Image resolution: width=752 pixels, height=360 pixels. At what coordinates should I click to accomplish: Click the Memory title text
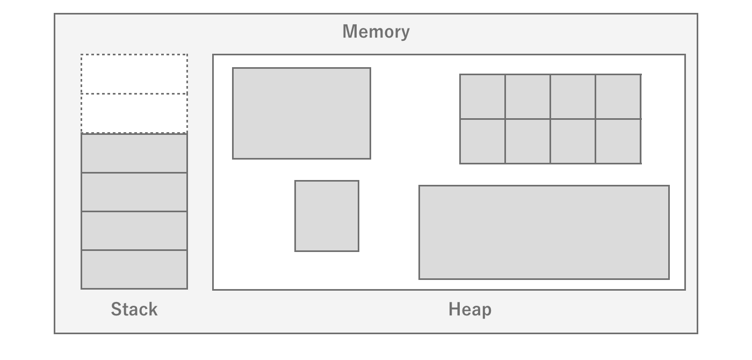(x=376, y=31)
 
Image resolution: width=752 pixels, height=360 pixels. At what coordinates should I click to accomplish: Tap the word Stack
(x=134, y=309)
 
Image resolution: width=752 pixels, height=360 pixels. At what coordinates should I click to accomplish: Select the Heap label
(x=470, y=309)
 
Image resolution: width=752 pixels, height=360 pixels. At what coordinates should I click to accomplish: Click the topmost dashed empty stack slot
(x=134, y=74)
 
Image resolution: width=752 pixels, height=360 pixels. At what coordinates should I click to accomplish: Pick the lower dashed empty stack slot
(x=134, y=113)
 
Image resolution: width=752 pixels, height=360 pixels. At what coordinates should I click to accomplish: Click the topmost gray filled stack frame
(x=134, y=153)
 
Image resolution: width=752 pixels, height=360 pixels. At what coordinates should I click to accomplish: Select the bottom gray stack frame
(x=134, y=269)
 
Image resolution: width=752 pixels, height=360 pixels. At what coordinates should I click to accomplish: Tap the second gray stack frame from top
(x=134, y=192)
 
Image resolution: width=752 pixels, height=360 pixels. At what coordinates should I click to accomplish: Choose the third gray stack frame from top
(x=134, y=231)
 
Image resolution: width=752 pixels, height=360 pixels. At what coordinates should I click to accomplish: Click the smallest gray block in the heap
(x=327, y=215)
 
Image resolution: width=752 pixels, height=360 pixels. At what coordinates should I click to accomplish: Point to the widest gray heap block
(x=544, y=232)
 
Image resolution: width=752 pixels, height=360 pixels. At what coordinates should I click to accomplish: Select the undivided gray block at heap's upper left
(x=301, y=113)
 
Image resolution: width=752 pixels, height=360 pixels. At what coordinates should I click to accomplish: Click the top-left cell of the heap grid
(x=482, y=96)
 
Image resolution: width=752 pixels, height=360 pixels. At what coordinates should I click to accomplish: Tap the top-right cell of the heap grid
(x=618, y=96)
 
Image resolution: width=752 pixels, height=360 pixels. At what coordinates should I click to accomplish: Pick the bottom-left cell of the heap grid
(x=482, y=141)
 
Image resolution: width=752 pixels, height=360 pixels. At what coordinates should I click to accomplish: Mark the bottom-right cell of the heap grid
(x=618, y=141)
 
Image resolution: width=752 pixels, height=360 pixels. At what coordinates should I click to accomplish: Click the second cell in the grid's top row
(x=527, y=96)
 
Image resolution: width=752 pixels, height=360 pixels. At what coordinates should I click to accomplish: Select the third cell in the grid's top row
(x=573, y=96)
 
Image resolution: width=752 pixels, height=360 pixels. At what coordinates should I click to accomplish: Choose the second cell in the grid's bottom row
(x=527, y=141)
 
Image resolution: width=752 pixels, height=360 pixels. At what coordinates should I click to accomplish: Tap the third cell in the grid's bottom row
(x=573, y=141)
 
